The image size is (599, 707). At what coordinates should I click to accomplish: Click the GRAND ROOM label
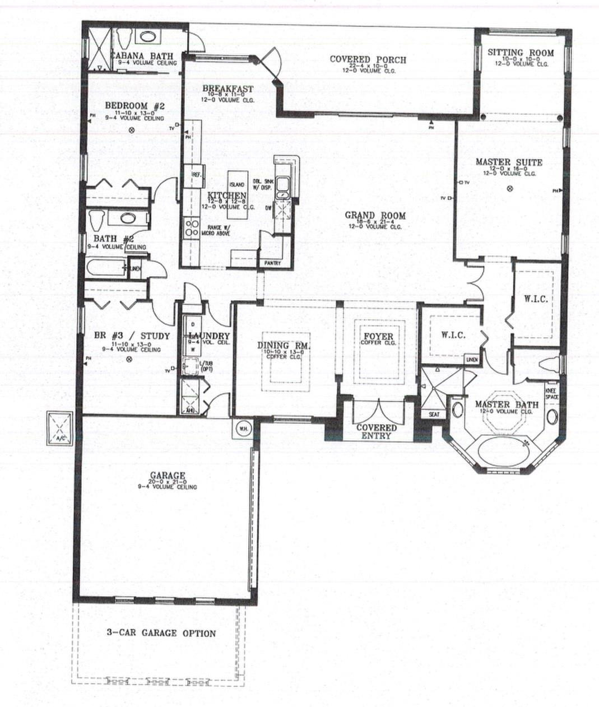click(375, 216)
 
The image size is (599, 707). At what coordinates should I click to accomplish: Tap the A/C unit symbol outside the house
click(60, 429)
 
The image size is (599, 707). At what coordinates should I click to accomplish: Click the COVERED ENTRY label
click(377, 431)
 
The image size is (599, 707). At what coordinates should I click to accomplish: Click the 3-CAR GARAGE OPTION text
click(161, 633)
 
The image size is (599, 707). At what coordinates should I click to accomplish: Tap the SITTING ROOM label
click(520, 53)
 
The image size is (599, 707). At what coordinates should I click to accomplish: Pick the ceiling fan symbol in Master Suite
click(509, 189)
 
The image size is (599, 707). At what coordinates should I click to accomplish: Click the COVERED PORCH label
click(368, 59)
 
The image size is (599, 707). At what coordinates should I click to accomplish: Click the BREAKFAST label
click(227, 89)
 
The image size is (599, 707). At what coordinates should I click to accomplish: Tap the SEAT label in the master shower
click(434, 415)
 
